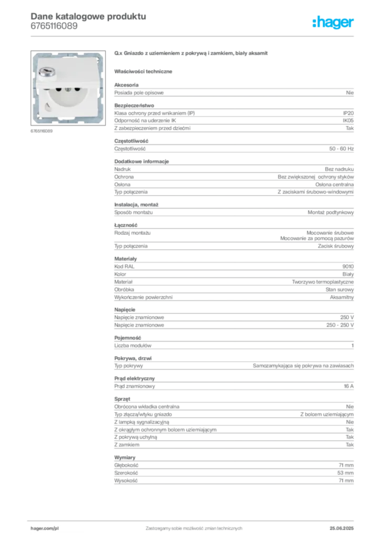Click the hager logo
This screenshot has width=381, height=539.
pyautogui.click(x=333, y=22)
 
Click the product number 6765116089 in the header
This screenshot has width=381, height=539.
pyautogui.click(x=54, y=26)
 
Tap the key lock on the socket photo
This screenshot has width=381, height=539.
pyautogui.click(x=47, y=72)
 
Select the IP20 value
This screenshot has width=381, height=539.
pyautogui.click(x=348, y=113)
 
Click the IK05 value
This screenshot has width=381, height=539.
pyautogui.click(x=348, y=121)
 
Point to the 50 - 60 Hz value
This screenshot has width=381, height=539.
pyautogui.click(x=341, y=149)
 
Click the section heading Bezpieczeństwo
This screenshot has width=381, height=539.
pyautogui.click(x=134, y=105)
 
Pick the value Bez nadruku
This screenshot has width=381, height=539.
pyautogui.click(x=339, y=169)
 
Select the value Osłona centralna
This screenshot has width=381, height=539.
pyautogui.click(x=334, y=185)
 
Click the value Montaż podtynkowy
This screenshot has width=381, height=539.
pyautogui.click(x=330, y=213)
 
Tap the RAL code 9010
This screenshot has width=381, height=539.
pyautogui.click(x=348, y=266)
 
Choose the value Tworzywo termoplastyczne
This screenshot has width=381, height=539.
pyautogui.click(x=323, y=282)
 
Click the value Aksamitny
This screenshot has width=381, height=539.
pyautogui.click(x=342, y=297)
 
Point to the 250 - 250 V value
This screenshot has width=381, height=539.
pyautogui.click(x=340, y=325)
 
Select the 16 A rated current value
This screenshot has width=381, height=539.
pyautogui.click(x=349, y=386)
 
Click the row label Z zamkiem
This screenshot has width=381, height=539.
pyautogui.click(x=127, y=445)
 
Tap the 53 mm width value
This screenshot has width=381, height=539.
pyautogui.click(x=345, y=473)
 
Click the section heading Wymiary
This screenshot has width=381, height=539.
pyautogui.click(x=125, y=457)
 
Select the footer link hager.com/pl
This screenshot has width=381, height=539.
pyautogui.click(x=45, y=528)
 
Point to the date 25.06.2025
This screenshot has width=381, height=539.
pyautogui.click(x=342, y=528)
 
